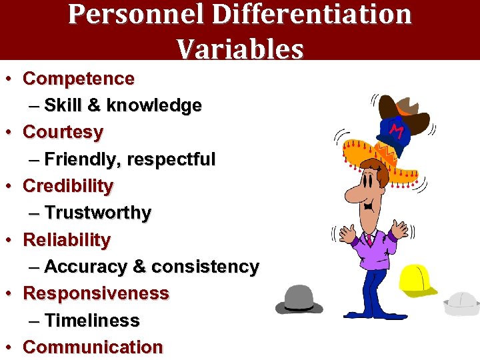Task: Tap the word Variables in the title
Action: point(240,48)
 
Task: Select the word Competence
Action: point(79,79)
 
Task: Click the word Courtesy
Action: point(63,132)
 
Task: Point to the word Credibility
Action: point(68,186)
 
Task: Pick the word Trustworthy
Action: point(98,213)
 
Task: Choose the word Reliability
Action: point(67,240)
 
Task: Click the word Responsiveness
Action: point(96,293)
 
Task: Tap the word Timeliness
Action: point(92,321)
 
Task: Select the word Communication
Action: point(93,347)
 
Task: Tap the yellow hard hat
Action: point(417,280)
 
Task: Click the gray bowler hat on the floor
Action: point(299,300)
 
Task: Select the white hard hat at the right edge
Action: point(462,303)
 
